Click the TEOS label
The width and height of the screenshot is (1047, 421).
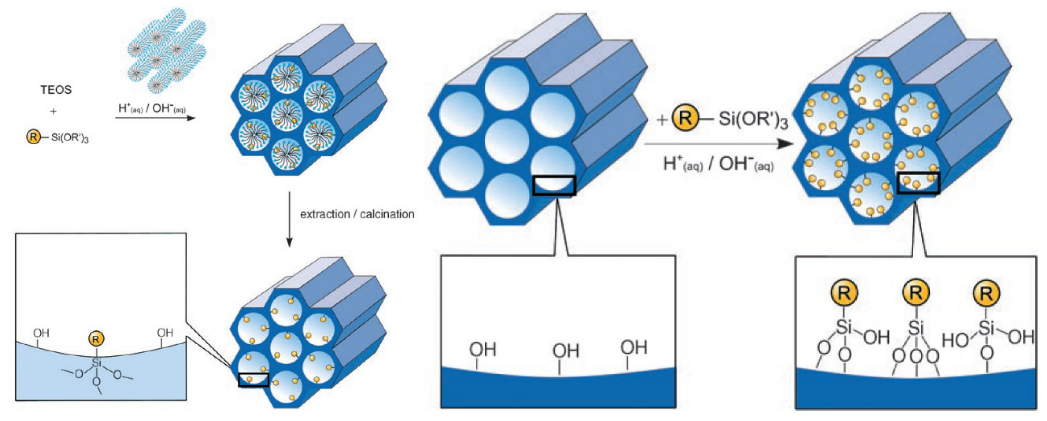56,90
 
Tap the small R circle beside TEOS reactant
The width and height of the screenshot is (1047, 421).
33,137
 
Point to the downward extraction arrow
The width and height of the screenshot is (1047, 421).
289,219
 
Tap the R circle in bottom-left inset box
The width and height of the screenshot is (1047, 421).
96,339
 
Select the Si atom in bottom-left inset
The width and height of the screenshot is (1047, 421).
96,362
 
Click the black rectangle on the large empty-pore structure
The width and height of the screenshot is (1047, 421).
554,185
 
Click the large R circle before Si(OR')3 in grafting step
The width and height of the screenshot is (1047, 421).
685,118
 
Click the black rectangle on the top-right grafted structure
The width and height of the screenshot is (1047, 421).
918,183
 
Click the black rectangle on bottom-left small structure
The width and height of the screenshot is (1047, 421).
253,379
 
